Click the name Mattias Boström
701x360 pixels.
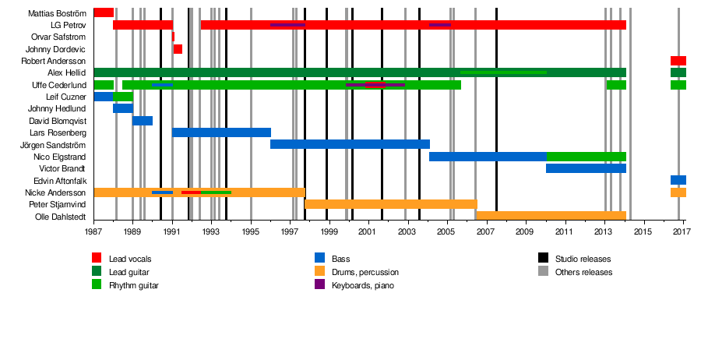(x=57, y=13)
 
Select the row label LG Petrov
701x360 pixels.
(x=68, y=25)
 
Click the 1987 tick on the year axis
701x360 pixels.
(x=93, y=232)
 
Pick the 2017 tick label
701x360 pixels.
(x=682, y=232)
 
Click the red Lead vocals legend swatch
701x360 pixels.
(x=97, y=258)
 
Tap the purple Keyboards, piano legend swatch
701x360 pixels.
(x=319, y=285)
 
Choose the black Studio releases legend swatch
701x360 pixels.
(x=542, y=258)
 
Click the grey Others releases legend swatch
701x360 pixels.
(x=542, y=272)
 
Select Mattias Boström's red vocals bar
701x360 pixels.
(x=104, y=12)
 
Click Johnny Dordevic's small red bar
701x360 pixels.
(x=178, y=49)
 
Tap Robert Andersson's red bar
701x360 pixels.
(x=678, y=61)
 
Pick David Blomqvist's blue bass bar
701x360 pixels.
(x=143, y=121)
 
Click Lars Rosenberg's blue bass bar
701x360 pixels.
(x=221, y=132)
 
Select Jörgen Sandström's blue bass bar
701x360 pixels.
(x=350, y=144)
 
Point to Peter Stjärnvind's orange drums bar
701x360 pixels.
(x=390, y=204)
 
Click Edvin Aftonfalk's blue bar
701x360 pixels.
(x=678, y=180)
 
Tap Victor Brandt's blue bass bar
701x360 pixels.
(x=586, y=168)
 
